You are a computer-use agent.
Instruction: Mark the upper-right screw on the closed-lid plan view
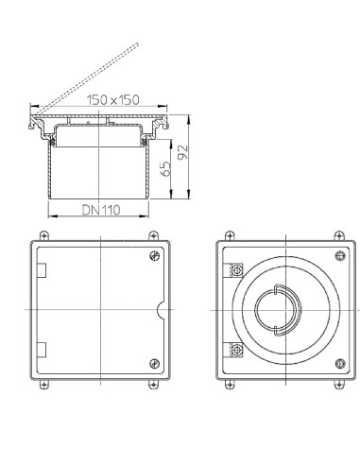click(155, 257)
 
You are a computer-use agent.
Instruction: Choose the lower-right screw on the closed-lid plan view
click(155, 363)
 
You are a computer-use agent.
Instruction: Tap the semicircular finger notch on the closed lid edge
click(163, 310)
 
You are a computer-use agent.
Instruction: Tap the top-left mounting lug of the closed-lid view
click(40, 235)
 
